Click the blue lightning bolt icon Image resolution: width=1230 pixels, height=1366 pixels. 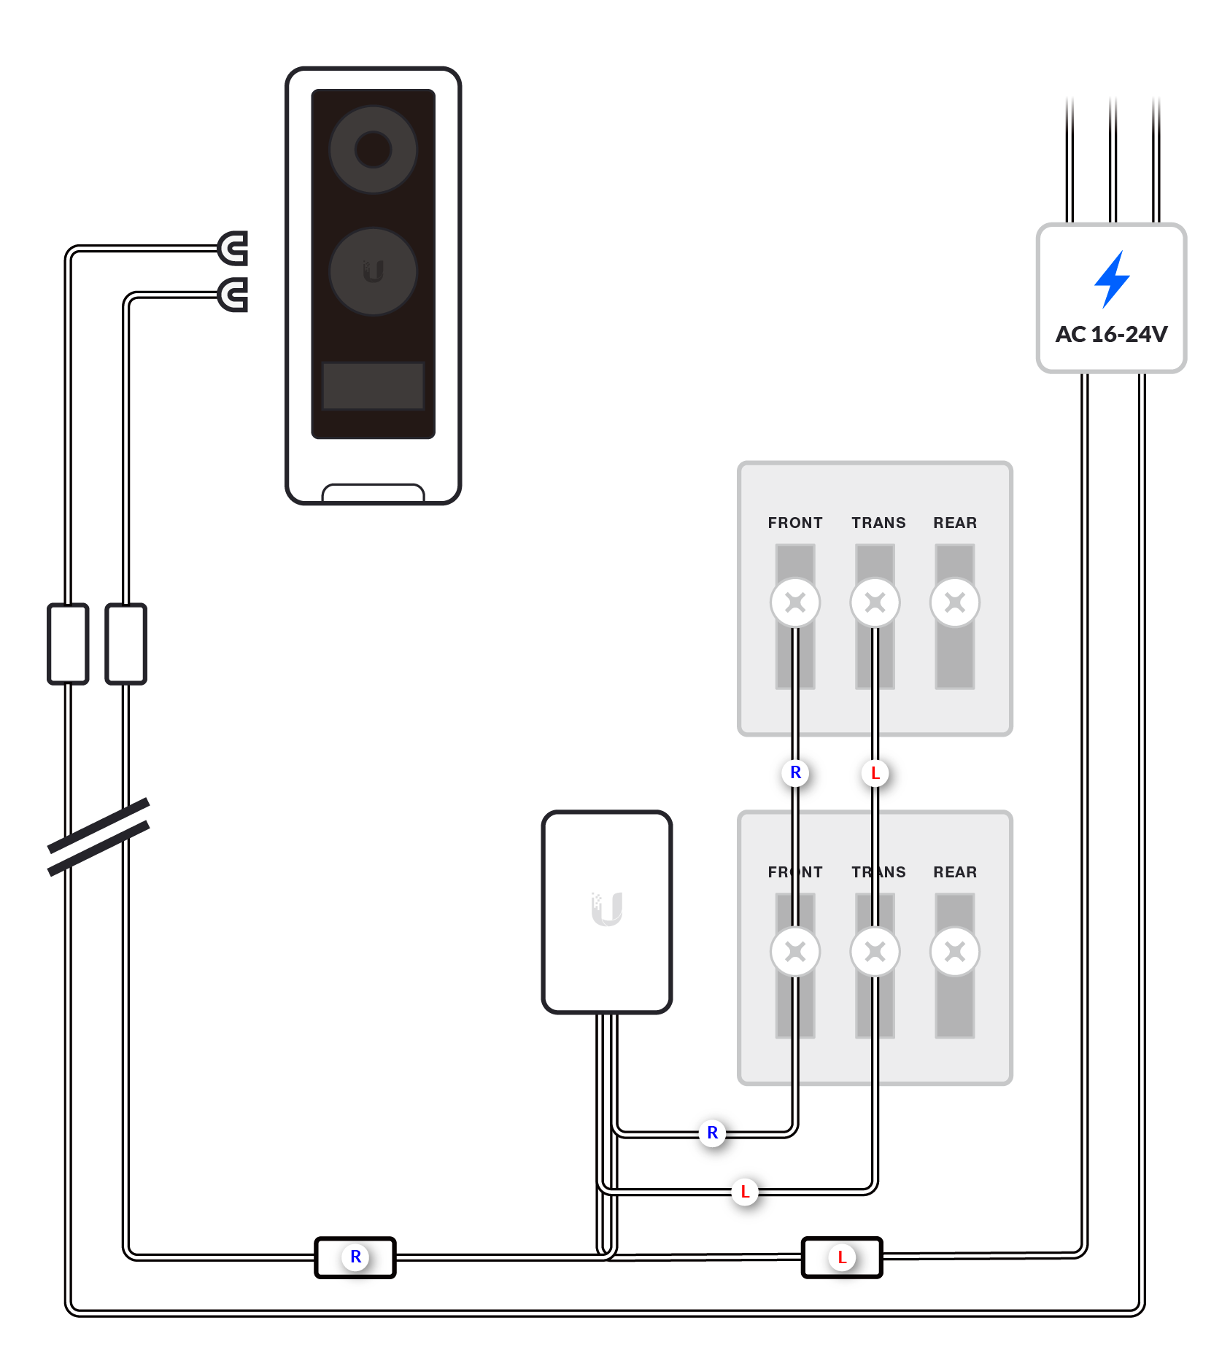[x=1112, y=279]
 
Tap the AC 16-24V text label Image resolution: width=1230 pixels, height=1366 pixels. [x=1111, y=334]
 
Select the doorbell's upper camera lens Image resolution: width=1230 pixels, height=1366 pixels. [x=373, y=150]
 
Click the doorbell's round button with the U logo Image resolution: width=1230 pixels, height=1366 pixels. [x=373, y=271]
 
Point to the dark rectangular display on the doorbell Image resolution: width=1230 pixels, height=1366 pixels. [x=373, y=386]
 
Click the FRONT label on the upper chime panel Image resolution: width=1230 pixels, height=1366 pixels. [x=794, y=523]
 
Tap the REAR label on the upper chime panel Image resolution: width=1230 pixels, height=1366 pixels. [x=954, y=523]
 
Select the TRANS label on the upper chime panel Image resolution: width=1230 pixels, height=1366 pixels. [x=878, y=523]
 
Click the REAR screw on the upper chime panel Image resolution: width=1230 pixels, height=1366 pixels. [x=954, y=602]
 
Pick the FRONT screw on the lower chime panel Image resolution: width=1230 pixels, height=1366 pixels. [x=794, y=952]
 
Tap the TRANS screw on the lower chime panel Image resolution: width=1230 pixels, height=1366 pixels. [x=875, y=952]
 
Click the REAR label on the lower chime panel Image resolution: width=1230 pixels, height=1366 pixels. [x=954, y=872]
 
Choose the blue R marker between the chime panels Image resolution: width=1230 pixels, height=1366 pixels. [x=795, y=772]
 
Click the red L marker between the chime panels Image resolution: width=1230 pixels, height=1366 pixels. [x=875, y=773]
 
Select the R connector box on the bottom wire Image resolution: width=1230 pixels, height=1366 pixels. [x=355, y=1257]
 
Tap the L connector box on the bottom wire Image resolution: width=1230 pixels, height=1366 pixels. [x=842, y=1257]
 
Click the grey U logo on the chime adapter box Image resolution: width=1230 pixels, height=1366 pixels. [x=606, y=909]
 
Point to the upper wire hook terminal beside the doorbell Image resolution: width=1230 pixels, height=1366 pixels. [x=233, y=249]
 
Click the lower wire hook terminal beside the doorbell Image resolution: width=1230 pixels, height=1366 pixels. [x=233, y=295]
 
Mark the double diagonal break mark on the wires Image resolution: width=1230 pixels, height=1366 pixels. [x=98, y=837]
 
